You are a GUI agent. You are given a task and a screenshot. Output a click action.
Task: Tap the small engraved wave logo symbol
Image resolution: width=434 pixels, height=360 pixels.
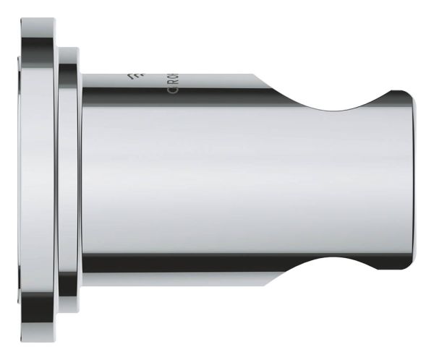coord(132,77)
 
